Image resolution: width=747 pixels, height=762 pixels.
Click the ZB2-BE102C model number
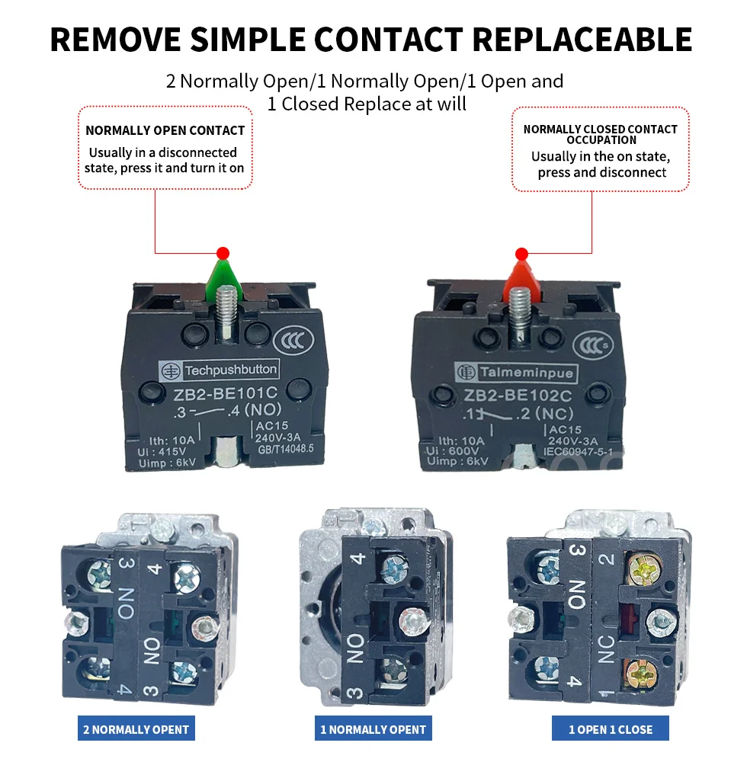click(x=518, y=395)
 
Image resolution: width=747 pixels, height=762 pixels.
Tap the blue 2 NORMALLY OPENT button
click(x=136, y=729)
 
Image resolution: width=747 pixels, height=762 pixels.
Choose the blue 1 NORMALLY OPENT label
click(x=373, y=729)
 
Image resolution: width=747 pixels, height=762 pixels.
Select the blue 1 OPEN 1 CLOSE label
click(x=611, y=729)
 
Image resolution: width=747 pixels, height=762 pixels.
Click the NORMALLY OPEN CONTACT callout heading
click(x=165, y=130)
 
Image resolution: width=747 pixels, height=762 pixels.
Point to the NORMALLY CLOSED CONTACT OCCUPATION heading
click(x=601, y=134)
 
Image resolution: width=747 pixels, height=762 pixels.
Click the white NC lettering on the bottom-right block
click(x=607, y=648)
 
